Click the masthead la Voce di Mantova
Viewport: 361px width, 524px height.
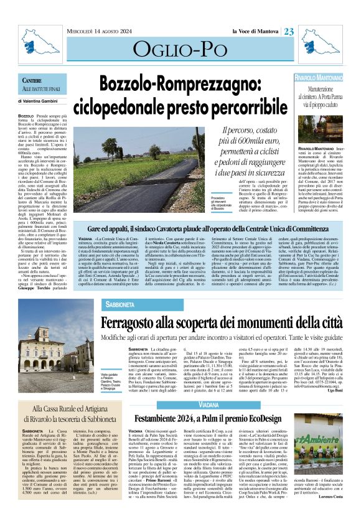click(256, 32)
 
